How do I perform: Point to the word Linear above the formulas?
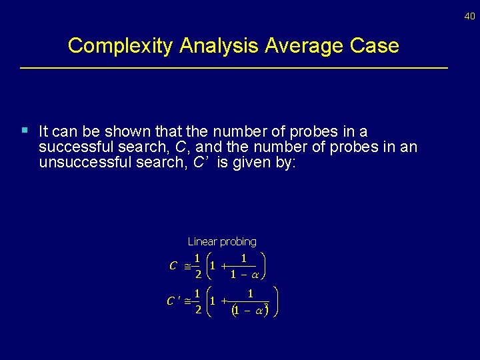coord(202,241)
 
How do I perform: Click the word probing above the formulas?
coord(238,241)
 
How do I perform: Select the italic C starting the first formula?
coord(173,265)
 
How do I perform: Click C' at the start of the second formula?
coord(173,301)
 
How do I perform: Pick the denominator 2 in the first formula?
coord(197,273)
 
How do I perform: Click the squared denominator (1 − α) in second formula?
coord(249,309)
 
